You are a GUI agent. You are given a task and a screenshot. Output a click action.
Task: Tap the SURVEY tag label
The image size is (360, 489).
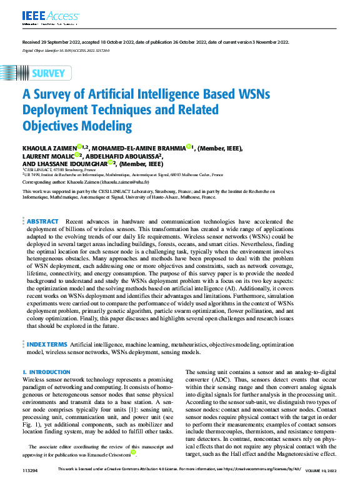click(x=47, y=73)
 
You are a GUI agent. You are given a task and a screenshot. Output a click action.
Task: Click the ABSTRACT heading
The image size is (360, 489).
click(x=43, y=221)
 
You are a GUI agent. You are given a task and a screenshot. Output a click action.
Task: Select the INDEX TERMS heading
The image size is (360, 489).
click(x=47, y=344)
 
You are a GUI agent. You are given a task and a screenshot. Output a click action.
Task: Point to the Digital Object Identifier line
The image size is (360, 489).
click(x=66, y=51)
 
